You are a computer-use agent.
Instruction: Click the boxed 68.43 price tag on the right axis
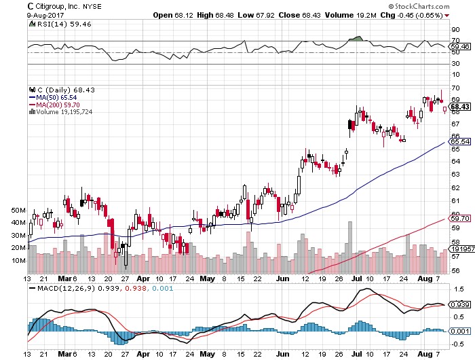coord(460,107)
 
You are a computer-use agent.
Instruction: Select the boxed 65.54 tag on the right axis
coord(460,141)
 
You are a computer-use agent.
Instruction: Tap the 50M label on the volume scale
coord(18,211)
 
